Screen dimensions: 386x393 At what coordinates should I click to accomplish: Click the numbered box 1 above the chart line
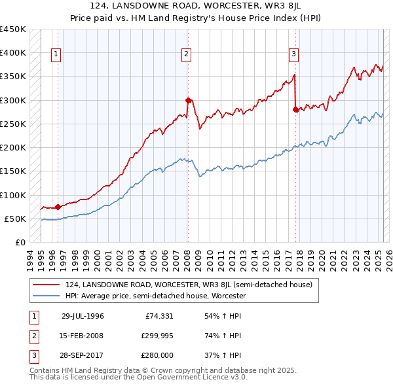(x=56, y=54)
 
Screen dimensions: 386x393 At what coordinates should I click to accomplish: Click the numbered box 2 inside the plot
(x=187, y=54)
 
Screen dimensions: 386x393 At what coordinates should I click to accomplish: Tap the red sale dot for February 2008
(x=188, y=100)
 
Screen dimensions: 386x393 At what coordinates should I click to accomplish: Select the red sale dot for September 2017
(x=295, y=109)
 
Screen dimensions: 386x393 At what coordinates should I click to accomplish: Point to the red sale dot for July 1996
(x=58, y=207)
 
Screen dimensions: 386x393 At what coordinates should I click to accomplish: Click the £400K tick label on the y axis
(x=13, y=53)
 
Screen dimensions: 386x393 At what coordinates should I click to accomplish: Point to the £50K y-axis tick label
(x=16, y=219)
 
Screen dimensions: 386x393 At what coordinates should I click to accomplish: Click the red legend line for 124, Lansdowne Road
(x=47, y=285)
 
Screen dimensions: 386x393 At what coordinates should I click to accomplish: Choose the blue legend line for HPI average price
(x=47, y=296)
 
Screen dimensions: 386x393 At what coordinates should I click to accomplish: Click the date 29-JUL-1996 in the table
(x=83, y=316)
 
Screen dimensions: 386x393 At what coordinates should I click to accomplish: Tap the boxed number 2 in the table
(x=33, y=336)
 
